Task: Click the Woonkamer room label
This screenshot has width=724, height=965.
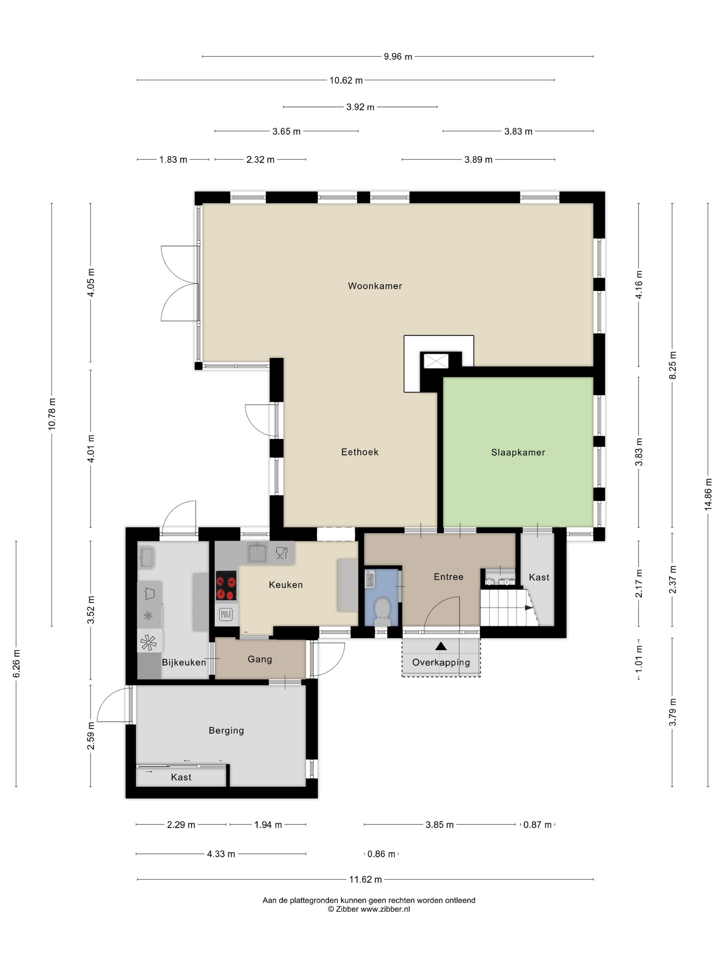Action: [374, 286]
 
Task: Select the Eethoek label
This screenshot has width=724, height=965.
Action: [360, 451]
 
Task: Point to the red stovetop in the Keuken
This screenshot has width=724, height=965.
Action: [226, 586]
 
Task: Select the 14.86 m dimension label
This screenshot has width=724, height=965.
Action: [708, 494]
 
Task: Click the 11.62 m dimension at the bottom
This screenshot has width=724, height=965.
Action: [365, 879]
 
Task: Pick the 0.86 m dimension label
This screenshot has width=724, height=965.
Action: [381, 854]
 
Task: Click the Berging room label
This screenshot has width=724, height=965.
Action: [226, 730]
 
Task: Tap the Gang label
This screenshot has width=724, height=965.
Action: [260, 659]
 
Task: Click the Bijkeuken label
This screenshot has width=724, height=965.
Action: [184, 662]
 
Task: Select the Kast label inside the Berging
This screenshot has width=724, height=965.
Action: [181, 777]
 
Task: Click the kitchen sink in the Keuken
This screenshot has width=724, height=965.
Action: [257, 553]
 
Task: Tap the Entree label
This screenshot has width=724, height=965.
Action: [448, 577]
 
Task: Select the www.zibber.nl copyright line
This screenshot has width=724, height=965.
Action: [369, 909]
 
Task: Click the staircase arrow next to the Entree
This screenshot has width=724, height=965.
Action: [528, 607]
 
